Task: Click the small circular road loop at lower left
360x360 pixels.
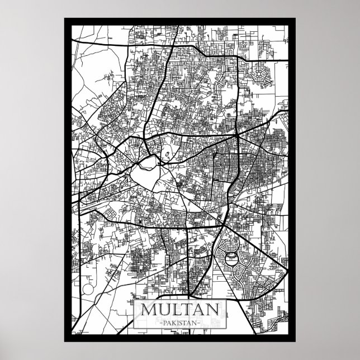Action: click(x=88, y=290)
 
